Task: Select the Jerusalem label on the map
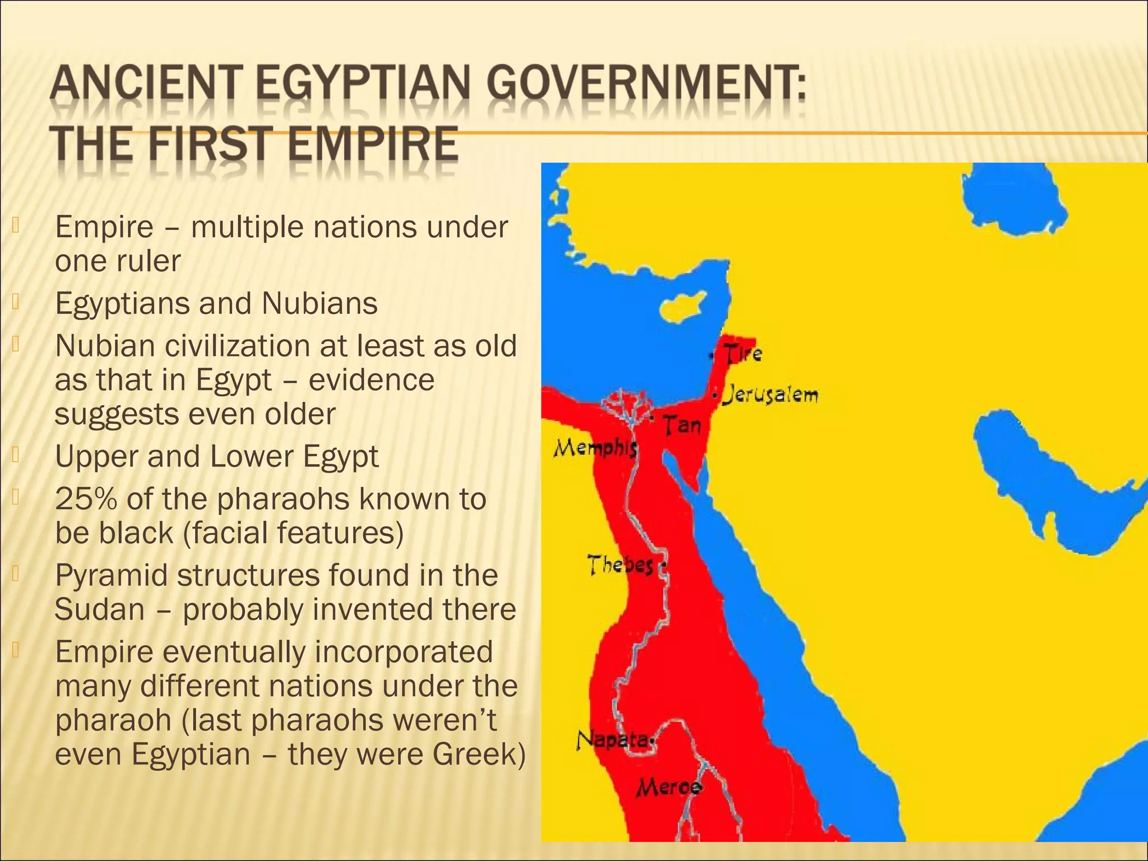point(770,395)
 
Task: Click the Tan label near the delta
point(682,425)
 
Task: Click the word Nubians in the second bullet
point(320,303)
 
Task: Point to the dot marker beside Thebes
point(663,566)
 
